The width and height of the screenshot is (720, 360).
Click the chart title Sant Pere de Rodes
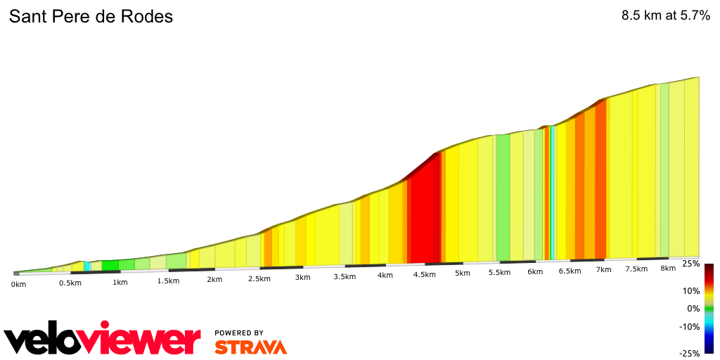pyautogui.click(x=91, y=17)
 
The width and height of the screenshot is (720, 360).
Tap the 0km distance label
pyautogui.click(x=18, y=284)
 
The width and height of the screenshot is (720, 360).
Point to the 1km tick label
pyautogui.click(x=120, y=283)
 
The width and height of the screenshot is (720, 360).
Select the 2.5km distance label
pyautogui.click(x=259, y=278)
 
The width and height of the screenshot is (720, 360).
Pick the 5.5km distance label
pyautogui.click(x=499, y=272)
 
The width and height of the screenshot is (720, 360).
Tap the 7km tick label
pyautogui.click(x=603, y=270)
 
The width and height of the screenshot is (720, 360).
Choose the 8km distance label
pyautogui.click(x=668, y=268)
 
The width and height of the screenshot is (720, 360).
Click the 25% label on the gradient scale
pyautogui.click(x=691, y=264)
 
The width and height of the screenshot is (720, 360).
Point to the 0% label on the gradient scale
pyautogui.click(x=693, y=309)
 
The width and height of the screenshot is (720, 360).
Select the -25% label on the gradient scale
pyautogui.click(x=690, y=353)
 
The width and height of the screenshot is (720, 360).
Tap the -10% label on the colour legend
pyautogui.click(x=690, y=326)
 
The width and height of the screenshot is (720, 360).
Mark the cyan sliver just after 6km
pyautogui.click(x=553, y=193)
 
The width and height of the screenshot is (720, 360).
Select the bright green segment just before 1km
pyautogui.click(x=110, y=266)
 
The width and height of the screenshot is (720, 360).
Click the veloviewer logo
pyautogui.click(x=103, y=340)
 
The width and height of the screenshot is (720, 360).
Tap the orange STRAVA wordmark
pyautogui.click(x=250, y=347)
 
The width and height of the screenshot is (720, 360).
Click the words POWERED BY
pyautogui.click(x=239, y=333)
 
